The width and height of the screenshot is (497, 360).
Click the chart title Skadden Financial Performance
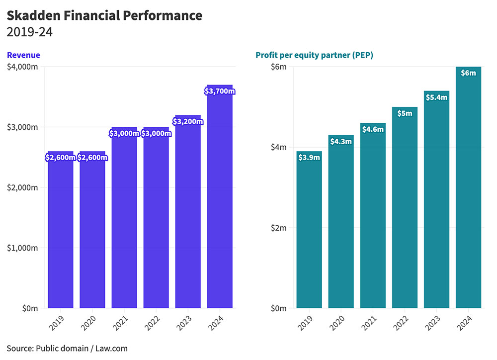[104, 15]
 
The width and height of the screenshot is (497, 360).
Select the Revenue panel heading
[23, 55]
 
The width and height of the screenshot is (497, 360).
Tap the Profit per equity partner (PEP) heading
[314, 55]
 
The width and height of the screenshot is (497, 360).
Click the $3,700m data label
[220, 91]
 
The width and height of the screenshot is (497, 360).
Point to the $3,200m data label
[188, 121]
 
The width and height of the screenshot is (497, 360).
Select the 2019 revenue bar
[61, 234]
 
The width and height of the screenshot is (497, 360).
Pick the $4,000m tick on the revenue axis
[22, 67]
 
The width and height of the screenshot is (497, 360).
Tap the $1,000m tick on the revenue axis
[22, 248]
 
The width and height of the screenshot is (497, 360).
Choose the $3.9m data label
[309, 158]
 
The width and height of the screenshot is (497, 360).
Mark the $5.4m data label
[436, 97]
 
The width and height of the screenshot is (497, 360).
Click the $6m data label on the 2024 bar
[468, 73]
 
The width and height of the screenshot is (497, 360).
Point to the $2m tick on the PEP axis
[278, 228]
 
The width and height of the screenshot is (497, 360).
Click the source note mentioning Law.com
[67, 348]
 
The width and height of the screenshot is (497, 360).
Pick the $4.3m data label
[341, 142]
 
